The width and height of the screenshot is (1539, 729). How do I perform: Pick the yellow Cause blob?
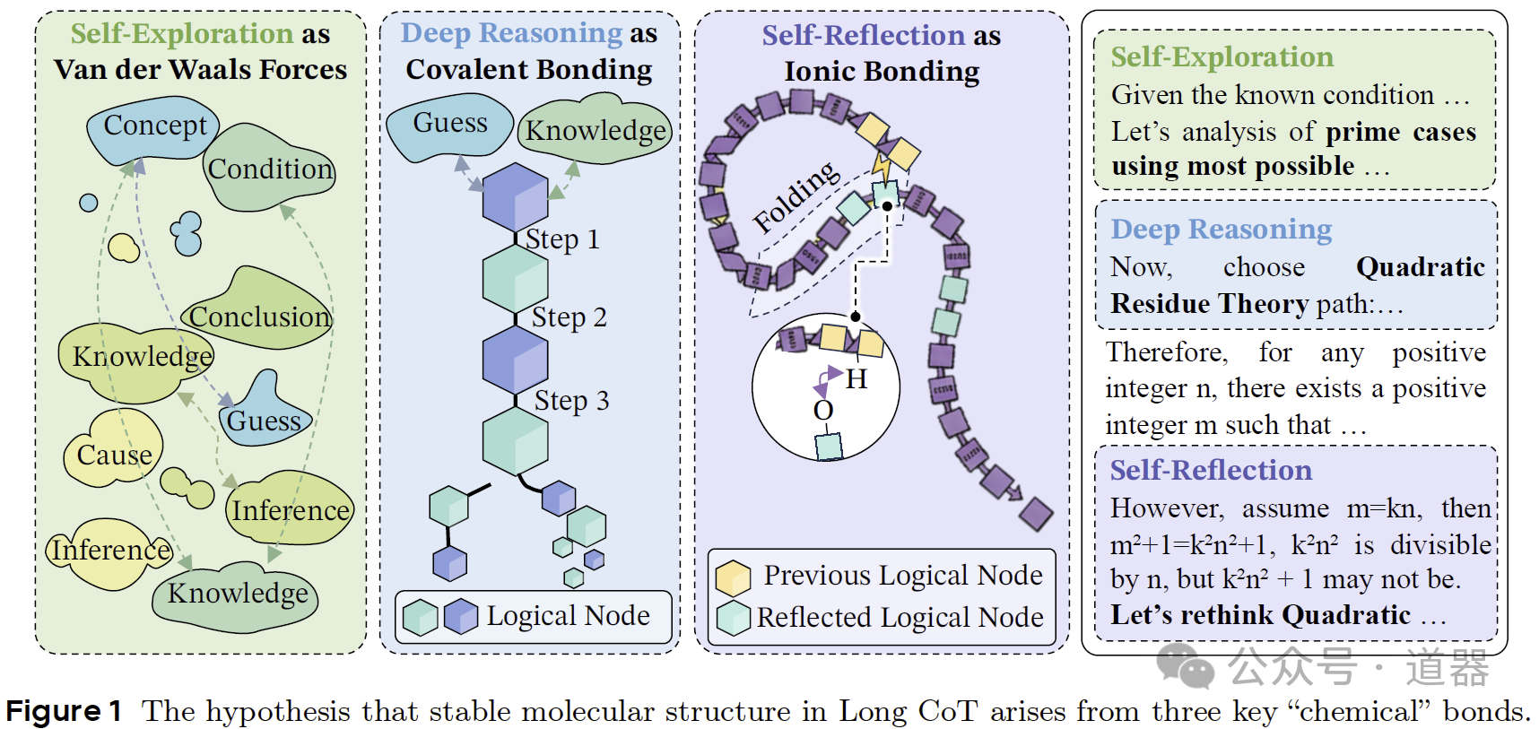[x=114, y=454]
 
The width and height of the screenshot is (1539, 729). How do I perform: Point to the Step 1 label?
[x=562, y=239]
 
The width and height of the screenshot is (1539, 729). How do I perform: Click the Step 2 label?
[x=569, y=317]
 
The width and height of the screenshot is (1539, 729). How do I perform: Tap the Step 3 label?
[x=571, y=401]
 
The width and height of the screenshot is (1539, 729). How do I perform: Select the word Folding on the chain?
[x=796, y=196]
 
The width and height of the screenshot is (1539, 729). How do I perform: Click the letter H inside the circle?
[x=856, y=379]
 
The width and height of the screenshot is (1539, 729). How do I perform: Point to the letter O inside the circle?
[x=823, y=410]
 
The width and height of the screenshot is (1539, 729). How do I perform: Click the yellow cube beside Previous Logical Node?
[x=733, y=577]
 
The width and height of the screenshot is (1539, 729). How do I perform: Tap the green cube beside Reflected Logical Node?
[x=733, y=618]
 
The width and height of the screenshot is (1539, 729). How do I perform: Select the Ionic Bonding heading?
[x=882, y=72]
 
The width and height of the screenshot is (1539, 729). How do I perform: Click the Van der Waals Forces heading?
[x=200, y=70]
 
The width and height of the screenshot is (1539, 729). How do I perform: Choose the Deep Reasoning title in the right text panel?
[x=1221, y=230]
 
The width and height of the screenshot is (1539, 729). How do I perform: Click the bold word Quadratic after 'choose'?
[x=1420, y=267]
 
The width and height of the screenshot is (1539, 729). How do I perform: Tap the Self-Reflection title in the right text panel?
[x=1211, y=470]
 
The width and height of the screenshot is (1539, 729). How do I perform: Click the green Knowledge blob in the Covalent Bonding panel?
[x=596, y=131]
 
